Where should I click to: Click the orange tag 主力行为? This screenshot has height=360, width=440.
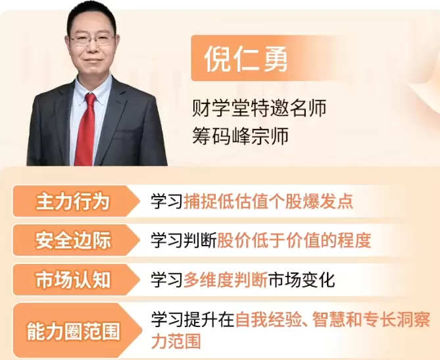coord(72,201)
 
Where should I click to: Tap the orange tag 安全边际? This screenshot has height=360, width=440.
coord(72,240)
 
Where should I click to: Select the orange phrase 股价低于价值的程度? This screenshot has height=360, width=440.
coord(293,240)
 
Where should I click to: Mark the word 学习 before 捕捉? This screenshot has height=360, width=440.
coord(166,201)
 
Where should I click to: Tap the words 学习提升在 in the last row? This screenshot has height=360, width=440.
coord(192,321)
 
